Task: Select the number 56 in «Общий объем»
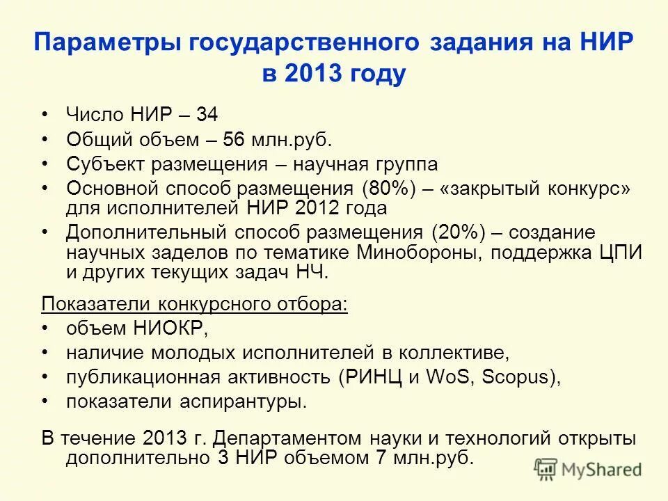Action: [234, 141]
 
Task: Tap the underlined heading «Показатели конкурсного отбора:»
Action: [195, 305]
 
